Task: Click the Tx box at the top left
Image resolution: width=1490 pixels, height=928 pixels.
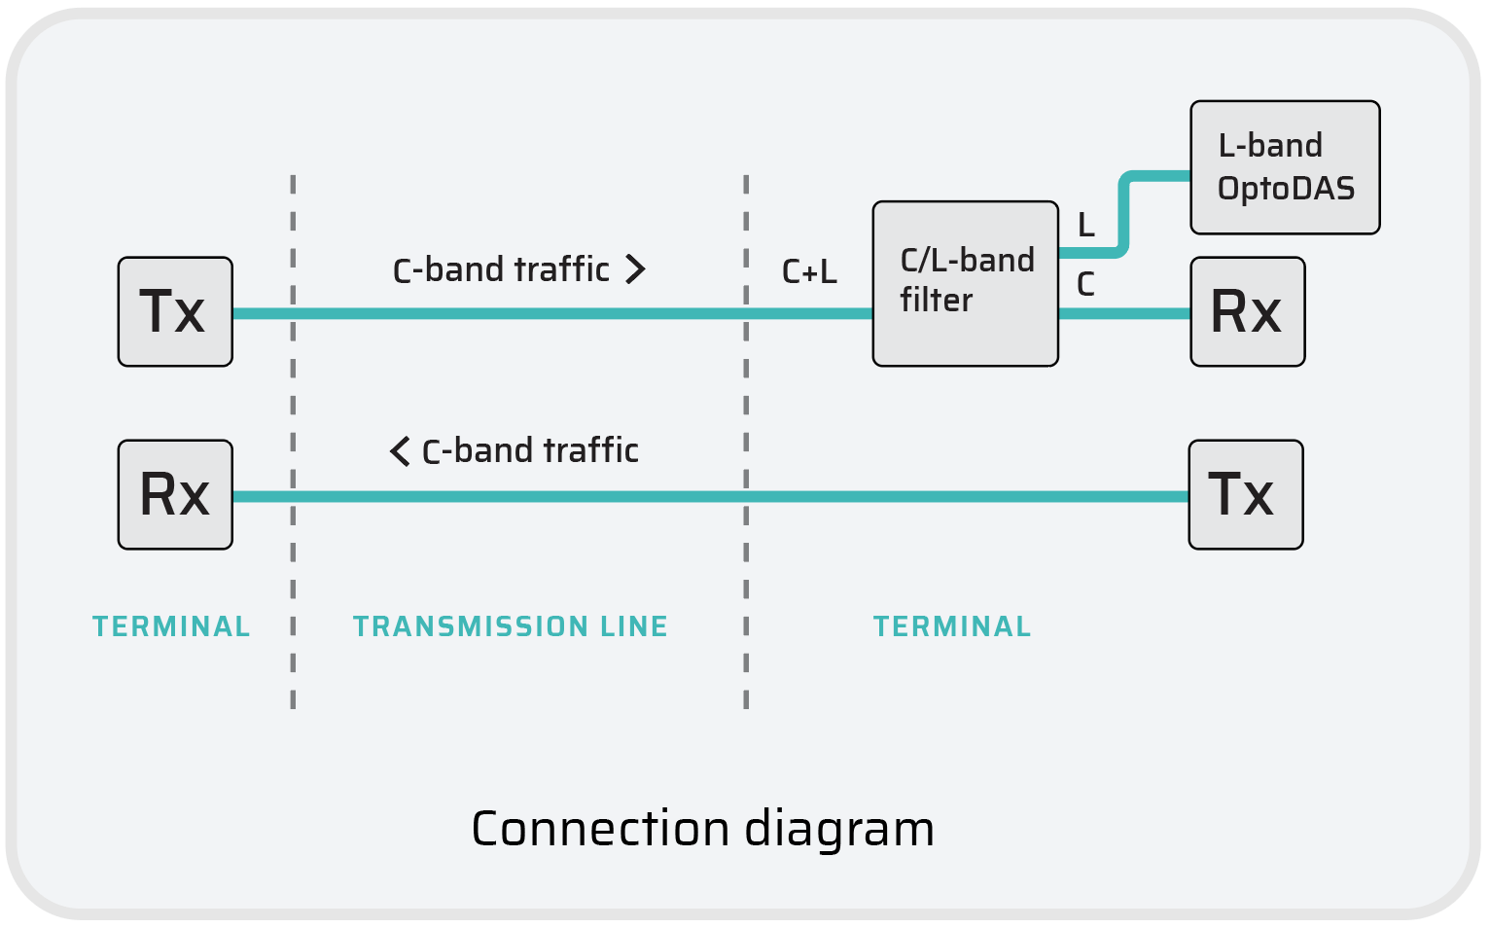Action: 175,311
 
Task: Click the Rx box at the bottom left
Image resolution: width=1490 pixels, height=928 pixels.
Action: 175,494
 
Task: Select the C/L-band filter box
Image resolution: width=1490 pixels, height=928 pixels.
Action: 965,283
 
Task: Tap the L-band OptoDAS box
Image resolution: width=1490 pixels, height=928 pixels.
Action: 1285,167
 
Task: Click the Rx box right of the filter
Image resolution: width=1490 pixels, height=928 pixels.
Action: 1247,311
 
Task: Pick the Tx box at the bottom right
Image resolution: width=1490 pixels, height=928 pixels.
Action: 1245,494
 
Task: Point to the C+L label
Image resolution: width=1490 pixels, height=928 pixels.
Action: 809,272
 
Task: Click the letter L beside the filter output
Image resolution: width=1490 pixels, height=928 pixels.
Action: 1086,226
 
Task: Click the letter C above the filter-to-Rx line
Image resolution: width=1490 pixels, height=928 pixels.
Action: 1085,285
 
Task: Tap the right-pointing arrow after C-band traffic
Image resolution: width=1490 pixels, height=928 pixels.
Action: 635,269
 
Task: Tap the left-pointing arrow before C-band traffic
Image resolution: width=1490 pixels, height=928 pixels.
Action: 400,451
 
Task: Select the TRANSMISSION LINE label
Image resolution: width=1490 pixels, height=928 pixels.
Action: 510,626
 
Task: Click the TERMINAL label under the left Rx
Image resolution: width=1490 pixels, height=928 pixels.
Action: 171,626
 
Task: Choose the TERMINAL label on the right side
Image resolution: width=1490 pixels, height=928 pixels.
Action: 952,626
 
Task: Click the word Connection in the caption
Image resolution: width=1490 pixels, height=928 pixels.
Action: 600,829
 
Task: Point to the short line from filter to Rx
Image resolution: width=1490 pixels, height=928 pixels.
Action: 1124,313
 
